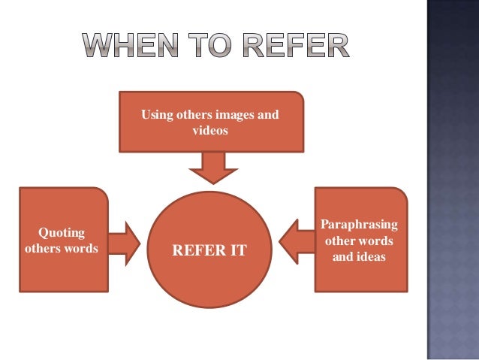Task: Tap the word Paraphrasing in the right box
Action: click(360, 225)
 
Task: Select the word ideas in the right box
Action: click(371, 257)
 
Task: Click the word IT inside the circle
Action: click(236, 250)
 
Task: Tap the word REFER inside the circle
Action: click(199, 250)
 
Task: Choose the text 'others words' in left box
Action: click(62, 248)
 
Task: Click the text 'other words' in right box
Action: click(359, 241)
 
